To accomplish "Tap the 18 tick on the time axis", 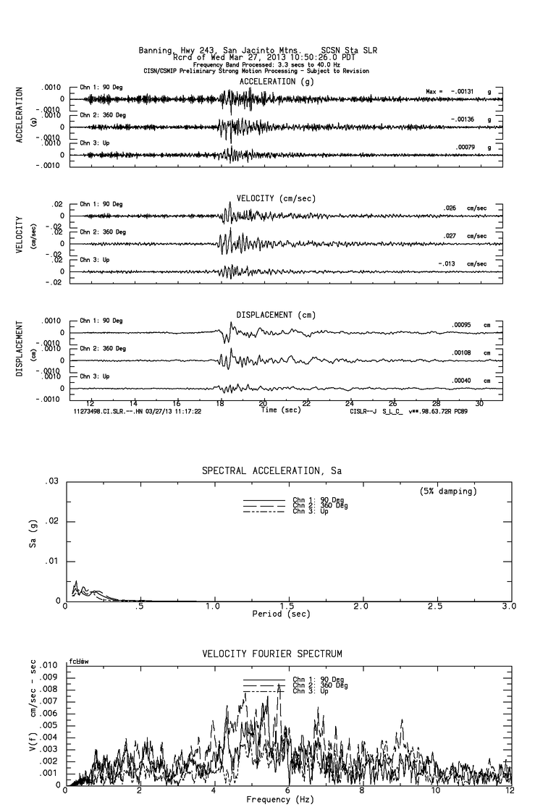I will tap(220, 404).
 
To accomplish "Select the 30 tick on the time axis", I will tap(479, 404).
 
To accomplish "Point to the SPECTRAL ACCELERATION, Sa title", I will tap(271, 471).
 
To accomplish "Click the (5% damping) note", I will tap(448, 491).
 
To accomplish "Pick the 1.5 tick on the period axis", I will tap(287, 606).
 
